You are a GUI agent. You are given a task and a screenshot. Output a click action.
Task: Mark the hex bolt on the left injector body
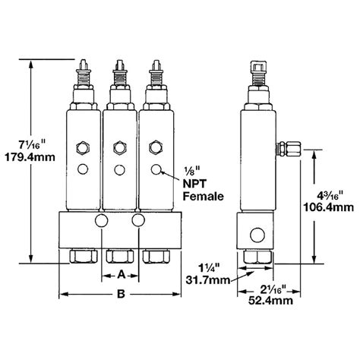(x=83, y=146)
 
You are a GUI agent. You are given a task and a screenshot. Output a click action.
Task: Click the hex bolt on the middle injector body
(x=118, y=146)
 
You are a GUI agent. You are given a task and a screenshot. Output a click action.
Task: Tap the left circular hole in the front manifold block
(x=101, y=221)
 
